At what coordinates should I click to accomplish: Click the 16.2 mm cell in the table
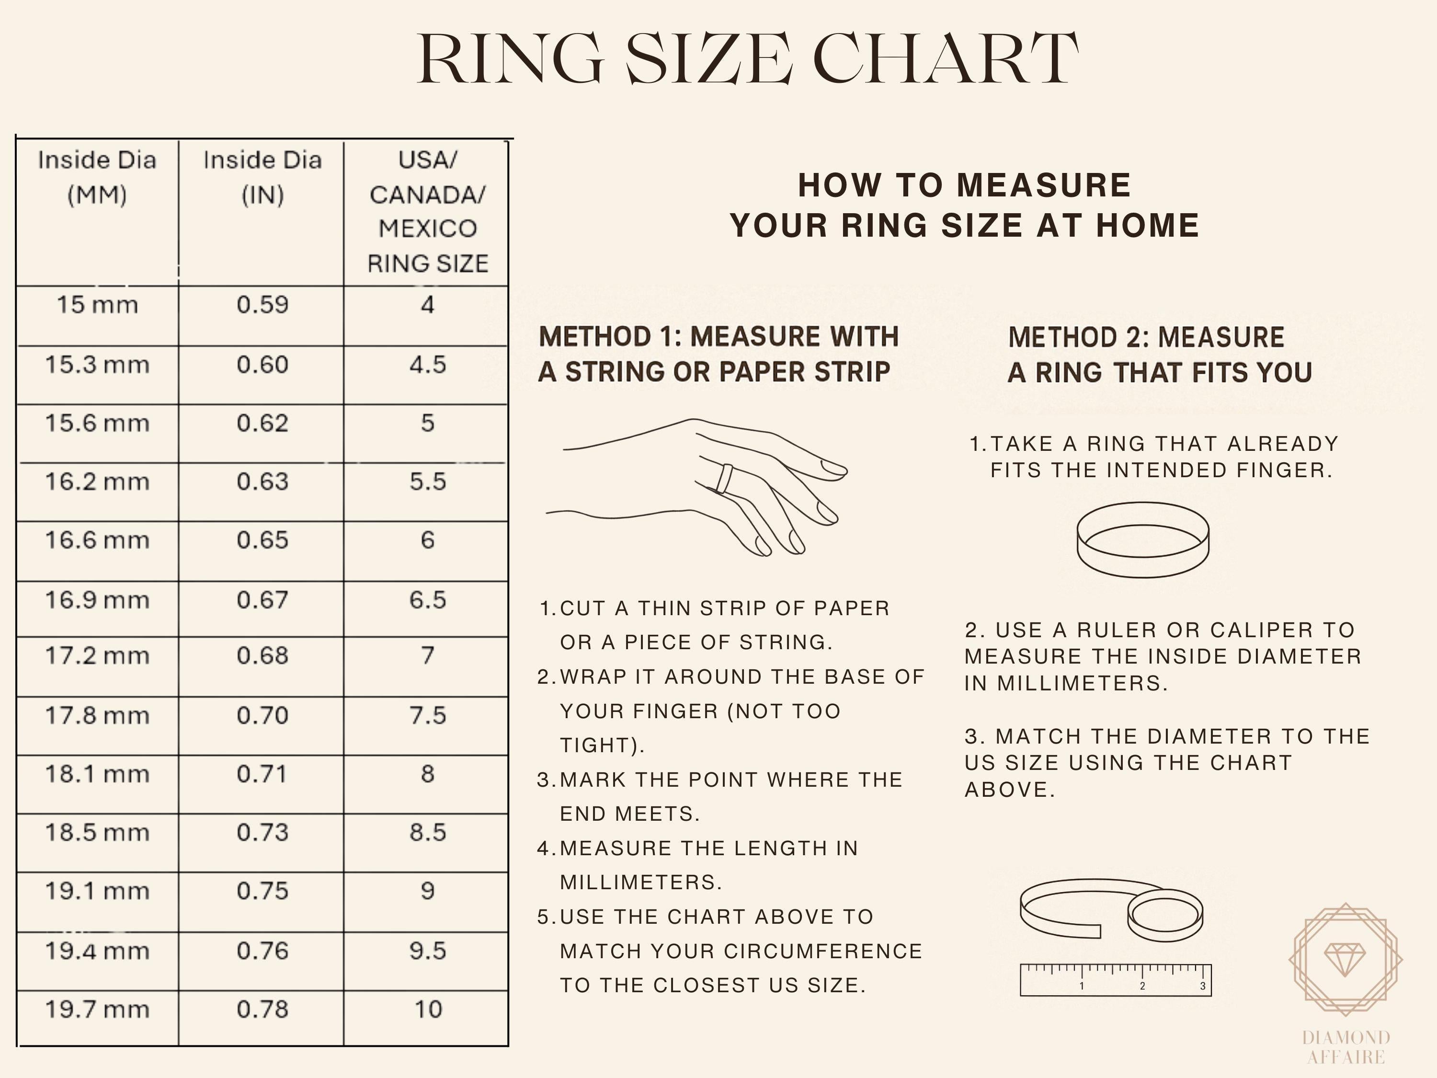pyautogui.click(x=97, y=482)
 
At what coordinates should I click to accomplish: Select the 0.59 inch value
pyautogui.click(x=262, y=305)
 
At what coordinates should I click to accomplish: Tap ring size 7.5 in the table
pyautogui.click(x=427, y=715)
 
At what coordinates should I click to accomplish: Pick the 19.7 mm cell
pyautogui.click(x=97, y=1009)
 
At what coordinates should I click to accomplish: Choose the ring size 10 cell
pyautogui.click(x=427, y=1009)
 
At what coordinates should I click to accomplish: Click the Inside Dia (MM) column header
pyautogui.click(x=97, y=177)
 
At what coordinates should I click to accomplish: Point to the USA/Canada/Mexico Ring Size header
pyautogui.click(x=427, y=211)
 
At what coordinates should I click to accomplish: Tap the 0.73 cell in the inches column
pyautogui.click(x=262, y=832)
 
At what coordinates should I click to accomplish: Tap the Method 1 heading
pyautogui.click(x=718, y=354)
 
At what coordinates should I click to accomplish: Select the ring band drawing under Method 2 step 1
pyautogui.click(x=1143, y=540)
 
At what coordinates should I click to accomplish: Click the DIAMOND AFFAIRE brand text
pyautogui.click(x=1346, y=1047)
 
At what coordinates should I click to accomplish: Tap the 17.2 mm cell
pyautogui.click(x=97, y=655)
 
